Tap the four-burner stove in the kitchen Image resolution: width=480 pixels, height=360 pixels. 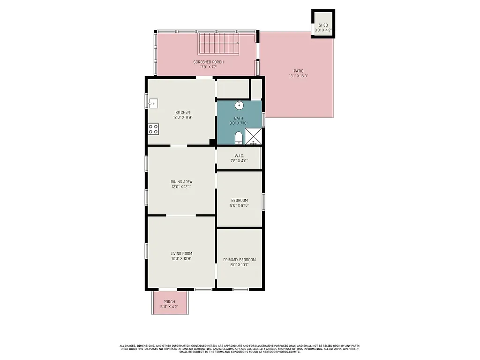(x=153, y=128)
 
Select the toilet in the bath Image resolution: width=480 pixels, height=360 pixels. (x=239, y=137)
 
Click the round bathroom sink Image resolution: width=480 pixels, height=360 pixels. (x=239, y=105)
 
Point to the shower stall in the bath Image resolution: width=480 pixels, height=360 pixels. (x=254, y=136)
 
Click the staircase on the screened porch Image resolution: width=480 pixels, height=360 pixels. (x=218, y=44)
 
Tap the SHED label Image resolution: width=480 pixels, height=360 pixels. (x=323, y=25)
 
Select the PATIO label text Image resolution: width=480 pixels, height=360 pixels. (x=298, y=71)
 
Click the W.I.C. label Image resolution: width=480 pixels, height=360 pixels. (x=239, y=156)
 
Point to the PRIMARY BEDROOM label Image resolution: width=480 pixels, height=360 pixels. (x=239, y=260)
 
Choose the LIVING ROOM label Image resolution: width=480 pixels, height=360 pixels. (x=181, y=254)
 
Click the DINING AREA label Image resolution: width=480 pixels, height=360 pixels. (x=181, y=182)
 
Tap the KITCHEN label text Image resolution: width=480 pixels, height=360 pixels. (x=182, y=112)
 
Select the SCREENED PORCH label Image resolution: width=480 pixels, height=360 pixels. (x=208, y=62)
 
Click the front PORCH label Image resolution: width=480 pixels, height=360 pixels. (x=169, y=302)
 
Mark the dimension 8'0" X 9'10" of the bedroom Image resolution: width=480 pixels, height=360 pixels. (x=239, y=205)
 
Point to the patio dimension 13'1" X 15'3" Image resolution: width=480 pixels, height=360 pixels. (x=298, y=76)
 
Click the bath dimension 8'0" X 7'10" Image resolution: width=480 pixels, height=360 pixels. (x=239, y=123)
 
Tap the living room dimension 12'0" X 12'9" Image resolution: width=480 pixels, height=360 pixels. (x=181, y=258)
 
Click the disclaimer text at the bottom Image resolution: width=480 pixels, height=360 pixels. (x=240, y=349)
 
